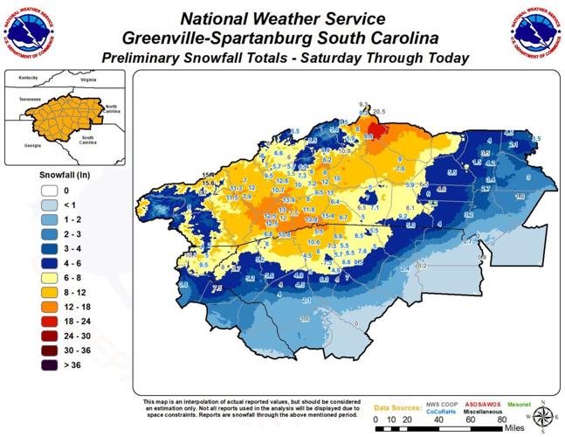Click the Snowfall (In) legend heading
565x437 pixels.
[65, 174]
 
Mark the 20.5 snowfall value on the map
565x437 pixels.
[378, 113]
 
